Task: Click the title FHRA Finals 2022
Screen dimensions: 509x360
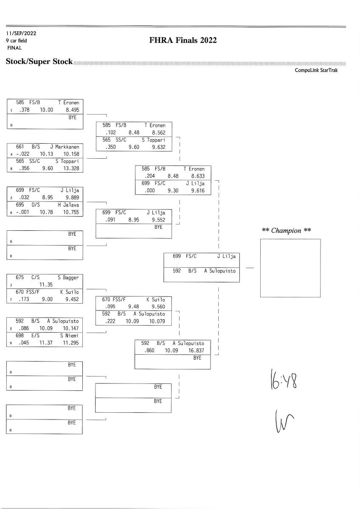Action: pyautogui.click(x=183, y=40)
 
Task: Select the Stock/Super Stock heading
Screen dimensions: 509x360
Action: pyautogui.click(x=39, y=62)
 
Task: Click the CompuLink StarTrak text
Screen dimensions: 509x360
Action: pyautogui.click(x=316, y=70)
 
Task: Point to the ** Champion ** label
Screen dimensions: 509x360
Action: pyautogui.click(x=287, y=231)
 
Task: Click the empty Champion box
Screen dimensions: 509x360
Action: pyautogui.click(x=290, y=268)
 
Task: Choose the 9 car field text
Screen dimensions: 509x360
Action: pyautogui.click(x=16, y=41)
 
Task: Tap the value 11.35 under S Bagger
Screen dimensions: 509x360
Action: pyautogui.click(x=46, y=285)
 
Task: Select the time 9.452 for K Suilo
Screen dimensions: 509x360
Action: pyautogui.click(x=70, y=299)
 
